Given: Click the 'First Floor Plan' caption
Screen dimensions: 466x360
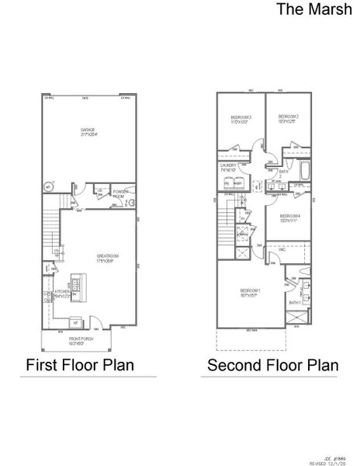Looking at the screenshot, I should click(81, 364).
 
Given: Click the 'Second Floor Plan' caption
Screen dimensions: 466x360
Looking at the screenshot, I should click(273, 364).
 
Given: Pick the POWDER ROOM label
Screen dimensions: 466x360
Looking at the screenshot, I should click(120, 194).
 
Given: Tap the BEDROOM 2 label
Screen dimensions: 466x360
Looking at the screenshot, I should click(289, 118).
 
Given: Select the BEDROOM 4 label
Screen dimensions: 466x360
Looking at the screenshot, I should click(290, 217).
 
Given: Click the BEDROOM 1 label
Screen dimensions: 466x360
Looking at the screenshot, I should click(248, 293).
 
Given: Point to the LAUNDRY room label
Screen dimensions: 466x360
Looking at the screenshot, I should click(228, 167).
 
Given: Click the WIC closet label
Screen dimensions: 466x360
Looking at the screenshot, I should click(283, 250).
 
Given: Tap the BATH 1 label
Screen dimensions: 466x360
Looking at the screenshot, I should click(294, 302).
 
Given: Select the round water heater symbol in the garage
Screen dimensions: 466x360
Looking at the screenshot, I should click(49, 187).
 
